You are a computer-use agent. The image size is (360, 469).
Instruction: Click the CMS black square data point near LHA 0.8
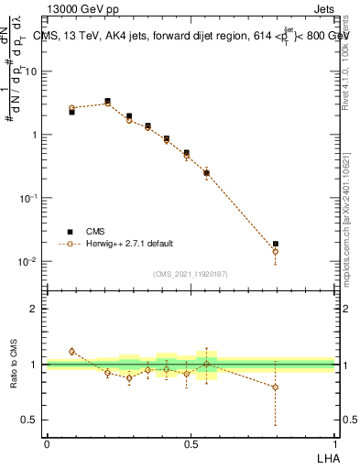276,244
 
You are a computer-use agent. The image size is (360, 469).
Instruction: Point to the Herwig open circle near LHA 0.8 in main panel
276,251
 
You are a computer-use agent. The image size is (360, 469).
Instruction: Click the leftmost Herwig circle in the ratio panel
71,352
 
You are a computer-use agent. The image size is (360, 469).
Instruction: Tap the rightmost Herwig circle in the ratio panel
276,387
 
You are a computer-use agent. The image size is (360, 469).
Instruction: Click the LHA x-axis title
324,458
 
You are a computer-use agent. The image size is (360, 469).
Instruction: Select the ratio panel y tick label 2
34,309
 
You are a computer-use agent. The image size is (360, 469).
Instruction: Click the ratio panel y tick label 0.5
29,420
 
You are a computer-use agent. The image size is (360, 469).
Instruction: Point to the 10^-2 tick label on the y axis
27,262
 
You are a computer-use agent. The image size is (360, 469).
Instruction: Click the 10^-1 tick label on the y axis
27,198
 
